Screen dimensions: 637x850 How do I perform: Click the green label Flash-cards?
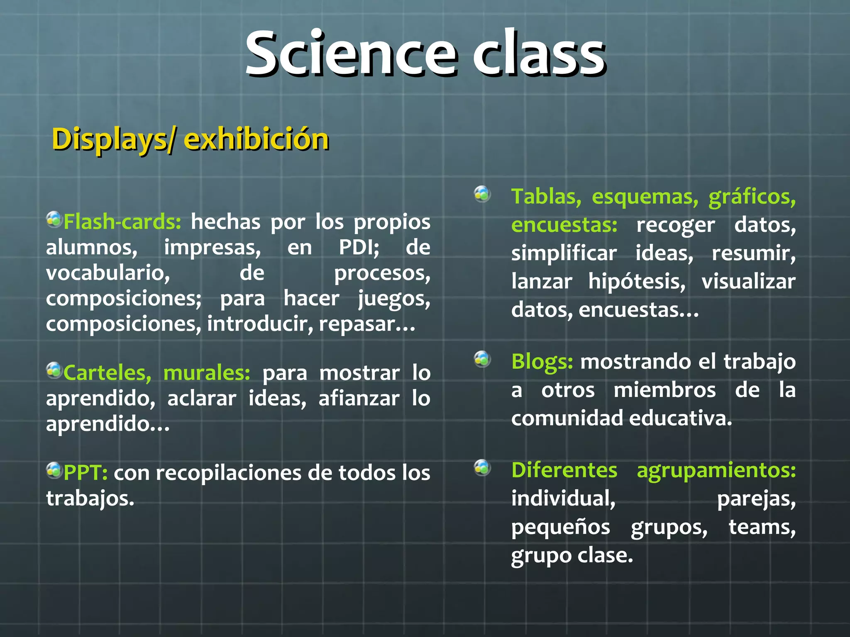(x=122, y=222)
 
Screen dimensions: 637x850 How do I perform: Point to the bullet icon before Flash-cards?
(x=54, y=219)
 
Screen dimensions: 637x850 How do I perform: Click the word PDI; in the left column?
(x=359, y=248)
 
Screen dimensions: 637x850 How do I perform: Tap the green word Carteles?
(x=107, y=373)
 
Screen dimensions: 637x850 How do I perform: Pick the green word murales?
(x=207, y=373)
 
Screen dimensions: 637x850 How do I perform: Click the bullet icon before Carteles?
(x=54, y=370)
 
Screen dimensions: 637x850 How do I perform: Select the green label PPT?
(x=85, y=473)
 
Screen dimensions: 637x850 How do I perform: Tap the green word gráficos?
(x=752, y=197)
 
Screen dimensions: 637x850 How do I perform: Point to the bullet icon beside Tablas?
(x=482, y=194)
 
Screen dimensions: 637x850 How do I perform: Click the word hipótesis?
(x=637, y=282)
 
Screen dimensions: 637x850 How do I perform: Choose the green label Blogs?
(x=542, y=362)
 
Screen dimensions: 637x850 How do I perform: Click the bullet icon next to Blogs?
(x=482, y=359)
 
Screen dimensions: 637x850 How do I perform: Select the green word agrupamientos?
(x=716, y=471)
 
